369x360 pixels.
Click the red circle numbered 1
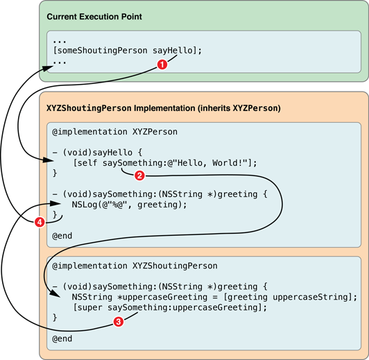click(162, 65)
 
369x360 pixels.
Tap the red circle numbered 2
click(139, 175)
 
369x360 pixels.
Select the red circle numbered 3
click(119, 321)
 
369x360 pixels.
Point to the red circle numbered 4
click(40, 222)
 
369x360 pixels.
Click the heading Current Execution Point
click(94, 17)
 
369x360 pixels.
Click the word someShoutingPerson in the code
click(103, 51)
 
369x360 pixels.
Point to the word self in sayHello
click(87, 163)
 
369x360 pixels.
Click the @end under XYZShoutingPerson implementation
click(62, 338)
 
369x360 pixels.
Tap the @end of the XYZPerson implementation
click(62, 236)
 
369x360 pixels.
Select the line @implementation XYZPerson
click(114, 132)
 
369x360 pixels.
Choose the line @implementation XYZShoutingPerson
click(135, 266)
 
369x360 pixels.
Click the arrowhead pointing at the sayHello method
click(50, 160)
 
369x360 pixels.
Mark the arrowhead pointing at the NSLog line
click(56, 203)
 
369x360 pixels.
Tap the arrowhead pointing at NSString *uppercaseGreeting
click(56, 294)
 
